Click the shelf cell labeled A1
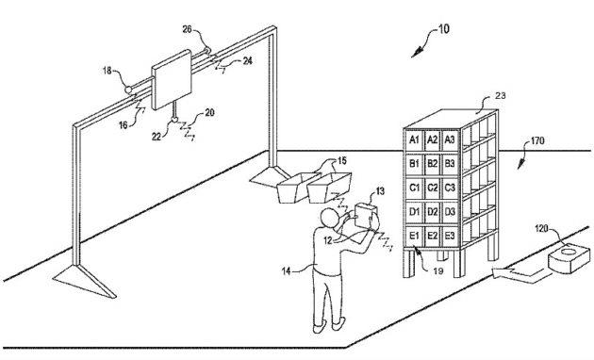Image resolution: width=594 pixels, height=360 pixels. pos(413,139)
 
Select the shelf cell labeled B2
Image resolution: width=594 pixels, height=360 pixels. pos(432,164)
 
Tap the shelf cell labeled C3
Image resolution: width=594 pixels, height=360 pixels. pos(451,188)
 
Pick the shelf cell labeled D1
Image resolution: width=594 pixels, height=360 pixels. pos(413,212)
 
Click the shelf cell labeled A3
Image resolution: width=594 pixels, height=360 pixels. pos(451,139)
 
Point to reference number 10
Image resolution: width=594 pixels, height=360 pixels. pos(443,29)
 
